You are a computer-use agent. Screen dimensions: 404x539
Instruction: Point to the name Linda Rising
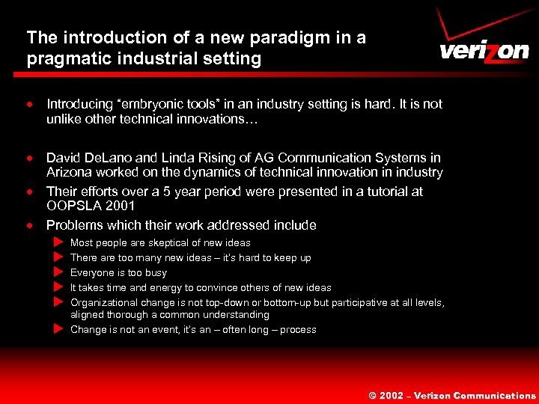pyautogui.click(x=195, y=158)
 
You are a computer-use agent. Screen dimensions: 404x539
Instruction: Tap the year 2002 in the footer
pyautogui.click(x=392, y=395)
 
